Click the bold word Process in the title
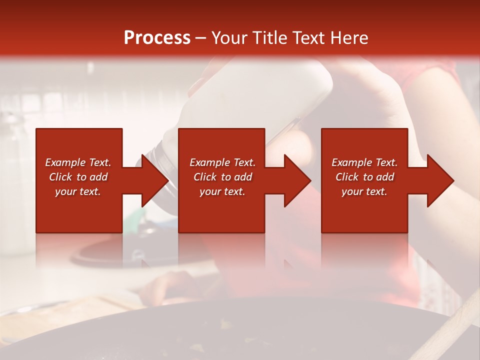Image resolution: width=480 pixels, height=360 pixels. click(157, 37)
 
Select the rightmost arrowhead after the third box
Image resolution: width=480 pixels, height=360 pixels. click(440, 180)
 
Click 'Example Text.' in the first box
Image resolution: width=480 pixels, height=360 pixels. click(78, 162)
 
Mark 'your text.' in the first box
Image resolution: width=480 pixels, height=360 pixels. click(78, 191)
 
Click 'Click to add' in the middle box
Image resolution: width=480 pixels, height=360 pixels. click(222, 177)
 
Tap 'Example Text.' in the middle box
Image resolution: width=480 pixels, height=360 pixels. click(222, 162)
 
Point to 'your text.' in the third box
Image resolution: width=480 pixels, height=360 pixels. click(364, 191)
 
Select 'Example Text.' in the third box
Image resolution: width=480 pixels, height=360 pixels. click(364, 162)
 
